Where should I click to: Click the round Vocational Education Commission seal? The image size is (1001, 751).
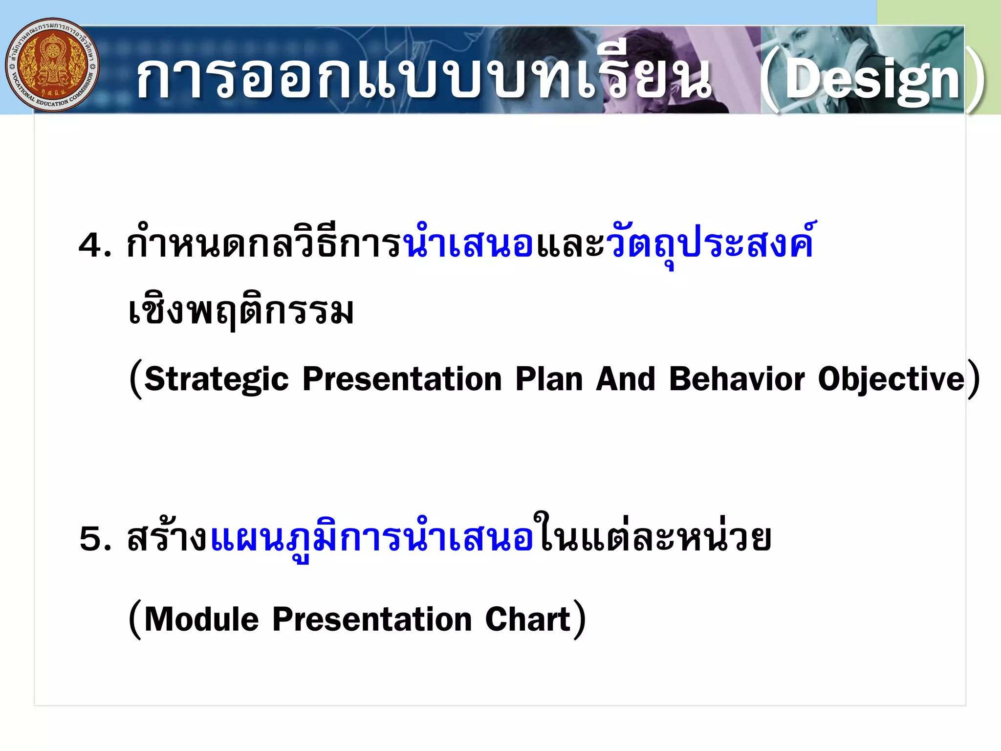pyautogui.click(x=52, y=65)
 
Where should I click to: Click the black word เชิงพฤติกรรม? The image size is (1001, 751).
pyautogui.click(x=240, y=311)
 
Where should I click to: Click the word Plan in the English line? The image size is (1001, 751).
pyautogui.click(x=549, y=379)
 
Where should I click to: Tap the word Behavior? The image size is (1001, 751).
pyautogui.click(x=737, y=379)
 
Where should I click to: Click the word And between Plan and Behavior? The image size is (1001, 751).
pyautogui.click(x=626, y=379)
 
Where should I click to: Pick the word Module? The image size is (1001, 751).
pyautogui.click(x=201, y=619)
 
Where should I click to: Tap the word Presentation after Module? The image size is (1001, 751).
pyautogui.click(x=372, y=619)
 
